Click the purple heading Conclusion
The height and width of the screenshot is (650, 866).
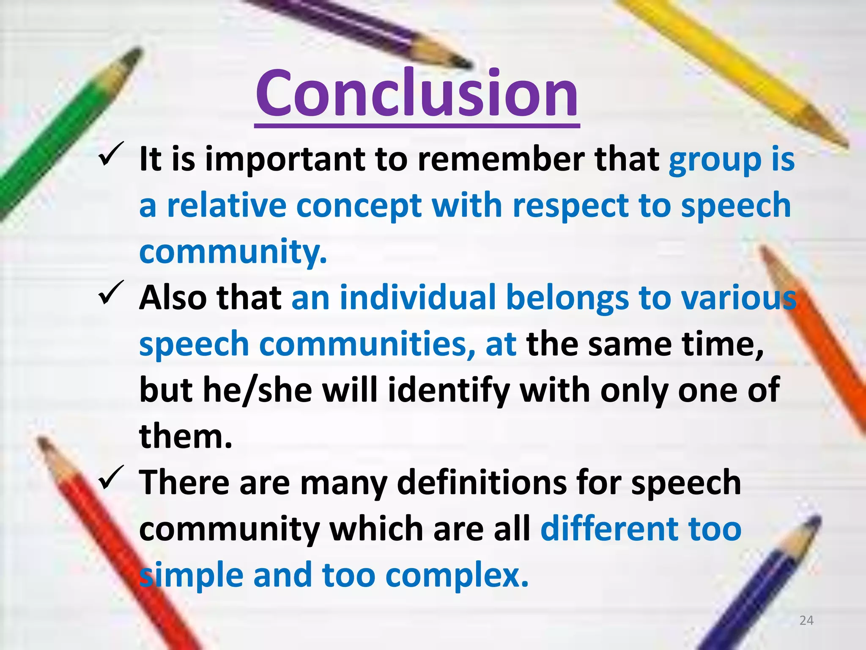click(417, 94)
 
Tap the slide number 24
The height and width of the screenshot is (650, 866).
click(806, 620)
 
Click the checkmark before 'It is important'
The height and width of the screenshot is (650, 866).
click(111, 154)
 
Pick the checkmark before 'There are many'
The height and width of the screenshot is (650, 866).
click(111, 477)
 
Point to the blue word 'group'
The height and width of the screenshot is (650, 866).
click(715, 161)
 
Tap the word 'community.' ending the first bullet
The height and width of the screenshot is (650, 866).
click(233, 251)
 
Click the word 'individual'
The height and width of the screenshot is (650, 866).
click(417, 297)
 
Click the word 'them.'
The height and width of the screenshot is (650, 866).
click(186, 436)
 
